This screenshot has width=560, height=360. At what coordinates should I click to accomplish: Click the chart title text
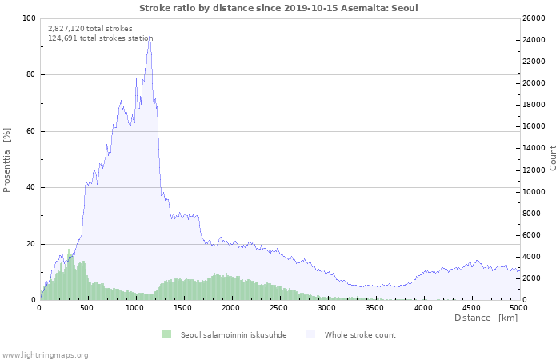tap(278, 8)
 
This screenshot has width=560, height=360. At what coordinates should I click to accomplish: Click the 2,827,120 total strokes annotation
tap(90, 28)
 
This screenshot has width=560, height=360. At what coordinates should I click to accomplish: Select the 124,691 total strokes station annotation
tap(100, 38)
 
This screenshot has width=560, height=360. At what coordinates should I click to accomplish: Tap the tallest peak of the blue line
tap(149, 37)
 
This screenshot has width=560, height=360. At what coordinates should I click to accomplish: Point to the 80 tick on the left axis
tap(30, 75)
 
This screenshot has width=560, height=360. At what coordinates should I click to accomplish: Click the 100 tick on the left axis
tap(29, 18)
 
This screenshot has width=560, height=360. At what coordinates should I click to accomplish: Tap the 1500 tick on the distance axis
tap(182, 307)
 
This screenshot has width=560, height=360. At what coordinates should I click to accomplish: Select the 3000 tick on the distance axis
tap(326, 307)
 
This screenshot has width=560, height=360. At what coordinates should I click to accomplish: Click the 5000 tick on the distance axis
tap(518, 307)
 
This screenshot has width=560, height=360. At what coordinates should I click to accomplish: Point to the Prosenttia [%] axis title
tap(7, 159)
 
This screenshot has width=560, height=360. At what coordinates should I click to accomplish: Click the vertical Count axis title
tap(553, 158)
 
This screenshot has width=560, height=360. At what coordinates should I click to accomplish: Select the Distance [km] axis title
tap(486, 318)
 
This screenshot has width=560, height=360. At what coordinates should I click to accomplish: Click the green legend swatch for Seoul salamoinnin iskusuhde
tap(166, 334)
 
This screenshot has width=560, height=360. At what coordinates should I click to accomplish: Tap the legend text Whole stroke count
tap(360, 334)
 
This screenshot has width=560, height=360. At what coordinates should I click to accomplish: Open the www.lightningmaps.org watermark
tap(46, 354)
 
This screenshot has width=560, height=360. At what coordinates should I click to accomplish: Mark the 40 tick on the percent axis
tap(30, 188)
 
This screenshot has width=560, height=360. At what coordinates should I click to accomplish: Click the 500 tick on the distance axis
tap(87, 307)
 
